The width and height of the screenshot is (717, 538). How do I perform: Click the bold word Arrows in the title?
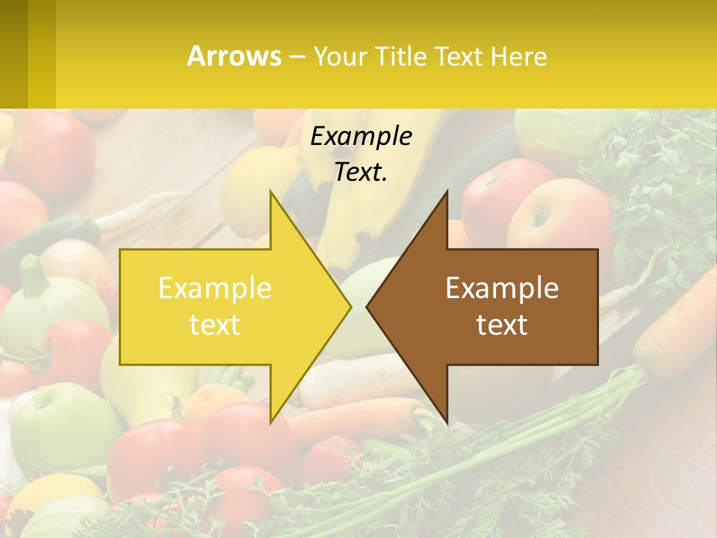click(234, 56)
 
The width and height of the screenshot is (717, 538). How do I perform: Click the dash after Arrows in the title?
click(297, 57)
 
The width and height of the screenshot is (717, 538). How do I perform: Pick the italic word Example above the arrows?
click(361, 136)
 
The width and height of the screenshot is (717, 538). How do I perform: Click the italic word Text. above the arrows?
click(361, 172)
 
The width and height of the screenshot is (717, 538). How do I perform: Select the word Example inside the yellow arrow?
click(214, 288)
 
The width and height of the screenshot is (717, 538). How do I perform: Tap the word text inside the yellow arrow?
click(214, 325)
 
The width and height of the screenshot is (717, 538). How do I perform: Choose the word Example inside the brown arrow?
click(502, 288)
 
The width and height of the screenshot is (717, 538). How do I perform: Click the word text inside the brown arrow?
click(502, 325)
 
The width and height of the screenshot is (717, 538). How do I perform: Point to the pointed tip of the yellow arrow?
click(350, 307)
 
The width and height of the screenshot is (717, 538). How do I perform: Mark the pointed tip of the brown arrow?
click(367, 307)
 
